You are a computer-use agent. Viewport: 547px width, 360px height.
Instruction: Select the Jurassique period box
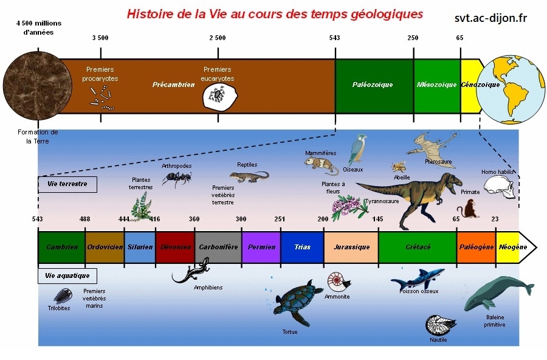click(x=351, y=247)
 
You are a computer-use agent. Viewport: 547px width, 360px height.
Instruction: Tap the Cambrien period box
click(x=61, y=247)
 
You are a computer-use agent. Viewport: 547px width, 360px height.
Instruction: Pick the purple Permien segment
click(x=261, y=247)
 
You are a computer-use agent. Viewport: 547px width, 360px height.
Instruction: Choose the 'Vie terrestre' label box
click(x=67, y=184)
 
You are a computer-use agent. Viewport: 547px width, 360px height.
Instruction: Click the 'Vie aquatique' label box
click(x=67, y=275)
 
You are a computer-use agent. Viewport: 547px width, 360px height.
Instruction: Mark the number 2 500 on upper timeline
click(x=217, y=38)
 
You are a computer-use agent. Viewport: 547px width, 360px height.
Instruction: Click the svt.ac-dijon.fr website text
click(x=490, y=18)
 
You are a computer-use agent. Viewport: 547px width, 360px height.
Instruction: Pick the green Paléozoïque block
click(x=374, y=85)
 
